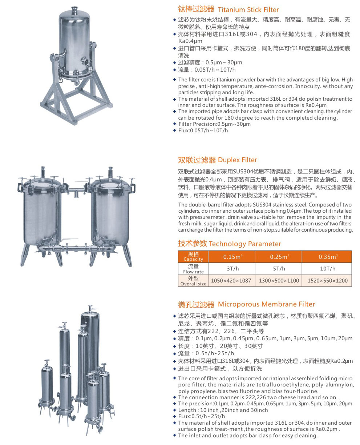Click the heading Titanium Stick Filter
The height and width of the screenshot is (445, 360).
(x=228, y=9)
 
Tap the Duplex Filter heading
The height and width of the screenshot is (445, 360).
(x=217, y=160)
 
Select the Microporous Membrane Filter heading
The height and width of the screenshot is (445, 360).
(x=246, y=304)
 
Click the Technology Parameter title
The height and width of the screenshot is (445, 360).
(x=229, y=244)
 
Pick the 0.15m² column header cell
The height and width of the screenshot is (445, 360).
(x=232, y=257)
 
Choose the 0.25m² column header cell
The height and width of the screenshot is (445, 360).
(x=278, y=257)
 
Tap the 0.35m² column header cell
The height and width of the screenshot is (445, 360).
(x=327, y=257)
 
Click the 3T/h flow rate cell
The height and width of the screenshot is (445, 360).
(x=232, y=268)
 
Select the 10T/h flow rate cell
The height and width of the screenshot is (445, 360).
(x=327, y=268)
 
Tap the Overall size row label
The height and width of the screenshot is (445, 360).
(x=193, y=280)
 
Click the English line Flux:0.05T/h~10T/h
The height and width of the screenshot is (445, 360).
(x=203, y=131)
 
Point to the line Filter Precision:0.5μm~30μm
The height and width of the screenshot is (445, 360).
(x=214, y=124)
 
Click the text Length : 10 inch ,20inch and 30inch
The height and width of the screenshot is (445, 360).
(x=223, y=410)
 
